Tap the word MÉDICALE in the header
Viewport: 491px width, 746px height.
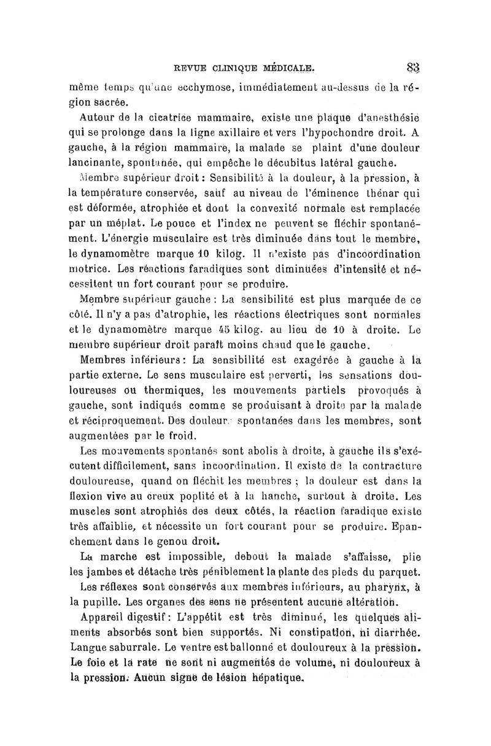[x=288, y=67]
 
